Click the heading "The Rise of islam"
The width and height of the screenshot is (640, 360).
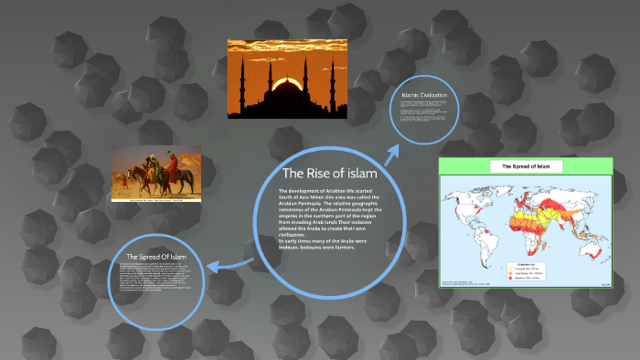click(x=329, y=174)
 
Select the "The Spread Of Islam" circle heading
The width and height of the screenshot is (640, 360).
click(x=156, y=257)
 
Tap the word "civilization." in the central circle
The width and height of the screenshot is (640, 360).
click(x=297, y=234)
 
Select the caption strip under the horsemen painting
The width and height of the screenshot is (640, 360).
click(x=157, y=199)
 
